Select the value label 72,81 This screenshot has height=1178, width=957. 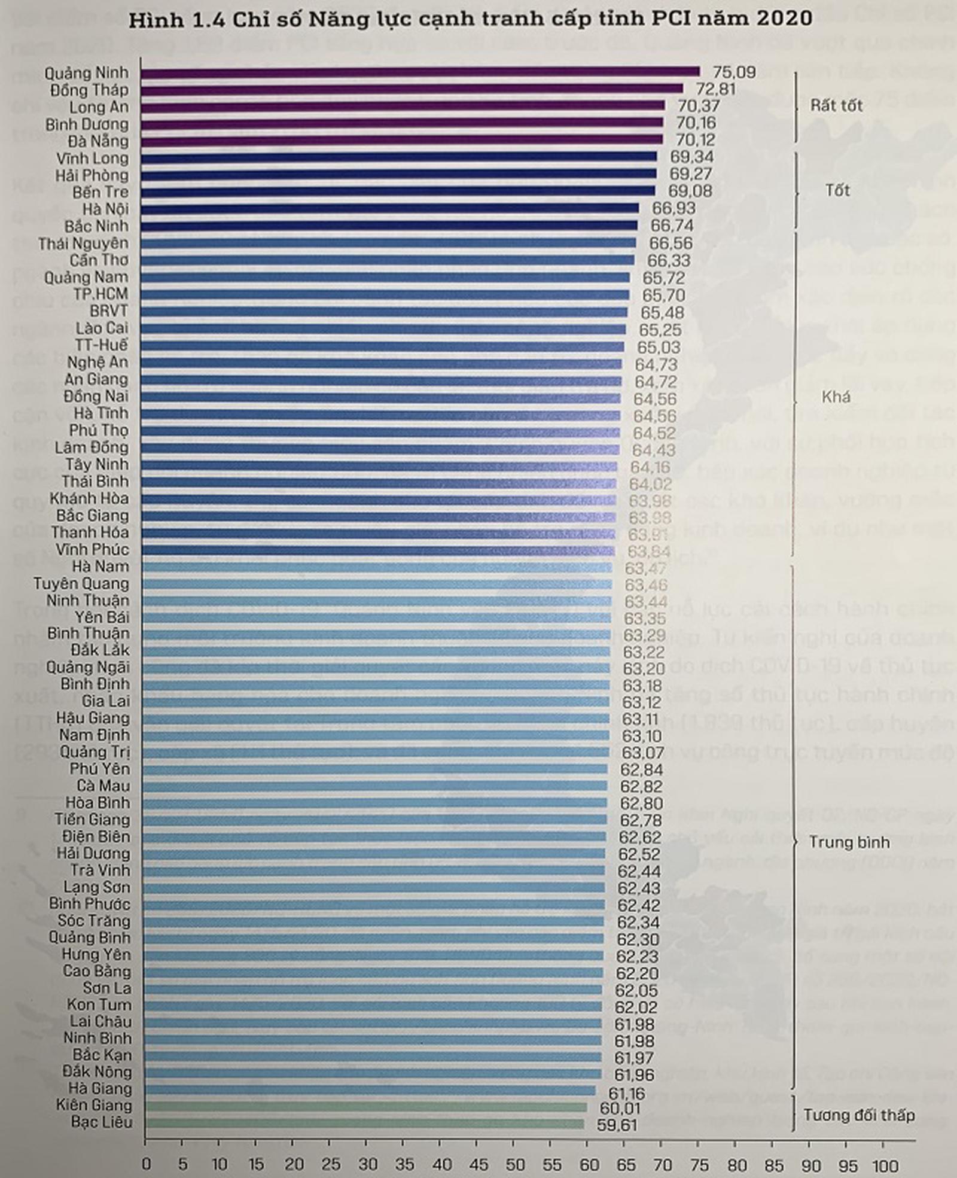(x=716, y=90)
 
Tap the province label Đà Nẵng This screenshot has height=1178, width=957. (x=97, y=141)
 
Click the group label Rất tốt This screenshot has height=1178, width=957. (x=836, y=106)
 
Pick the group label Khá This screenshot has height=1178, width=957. (x=836, y=397)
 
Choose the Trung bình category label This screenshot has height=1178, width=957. (x=849, y=842)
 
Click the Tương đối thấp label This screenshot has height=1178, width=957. (x=859, y=1115)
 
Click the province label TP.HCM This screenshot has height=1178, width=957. (x=100, y=294)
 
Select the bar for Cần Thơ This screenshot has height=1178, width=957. (x=389, y=260)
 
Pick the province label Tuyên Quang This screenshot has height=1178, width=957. (x=81, y=583)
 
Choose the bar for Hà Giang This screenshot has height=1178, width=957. (x=371, y=1091)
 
